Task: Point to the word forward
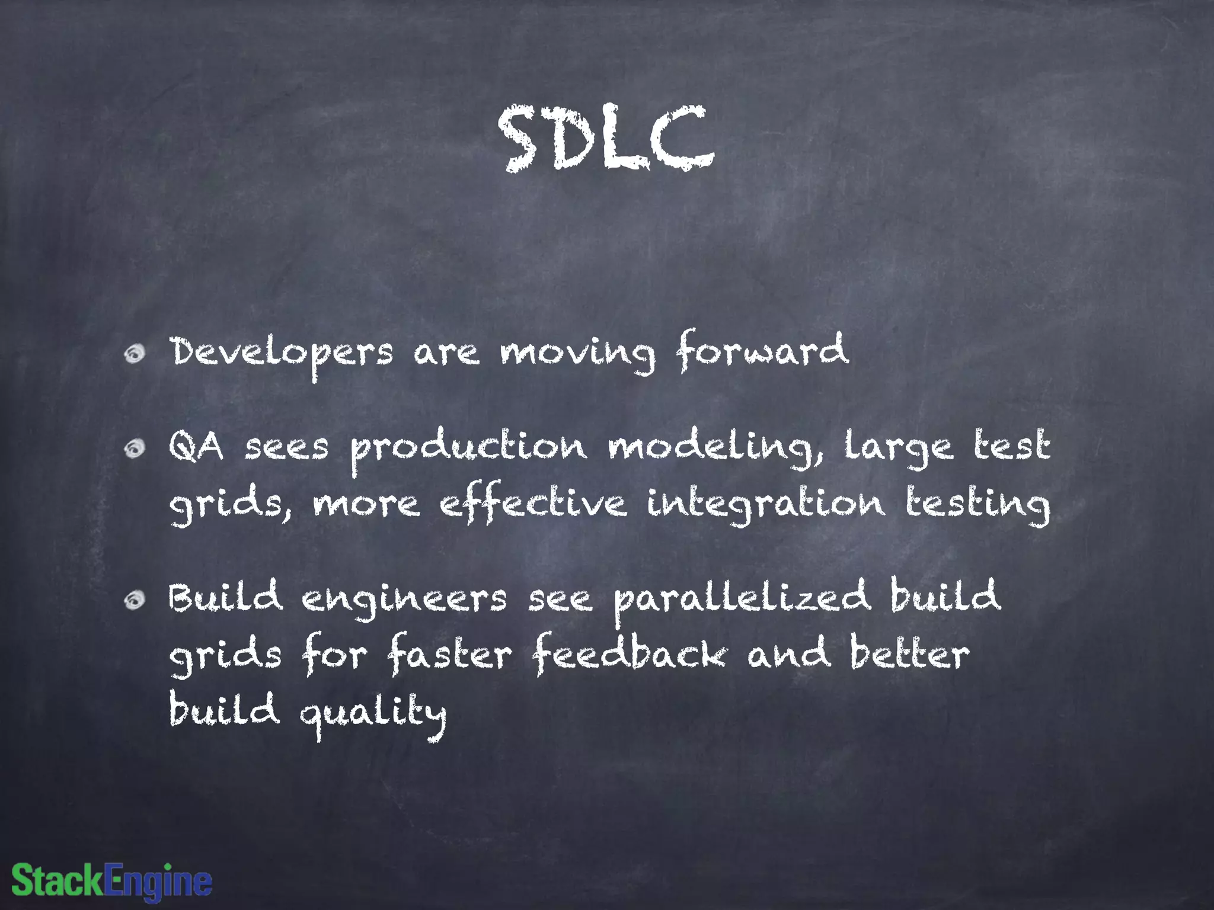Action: coord(763,351)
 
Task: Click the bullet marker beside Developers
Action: coord(135,354)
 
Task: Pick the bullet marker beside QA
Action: coord(135,449)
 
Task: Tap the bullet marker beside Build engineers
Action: coord(135,601)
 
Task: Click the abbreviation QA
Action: coord(196,447)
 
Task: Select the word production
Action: coord(468,448)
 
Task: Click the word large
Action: coord(899,448)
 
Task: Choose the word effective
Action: coord(532,505)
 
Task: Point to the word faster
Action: coord(449,655)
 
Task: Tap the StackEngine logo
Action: coord(112,881)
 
